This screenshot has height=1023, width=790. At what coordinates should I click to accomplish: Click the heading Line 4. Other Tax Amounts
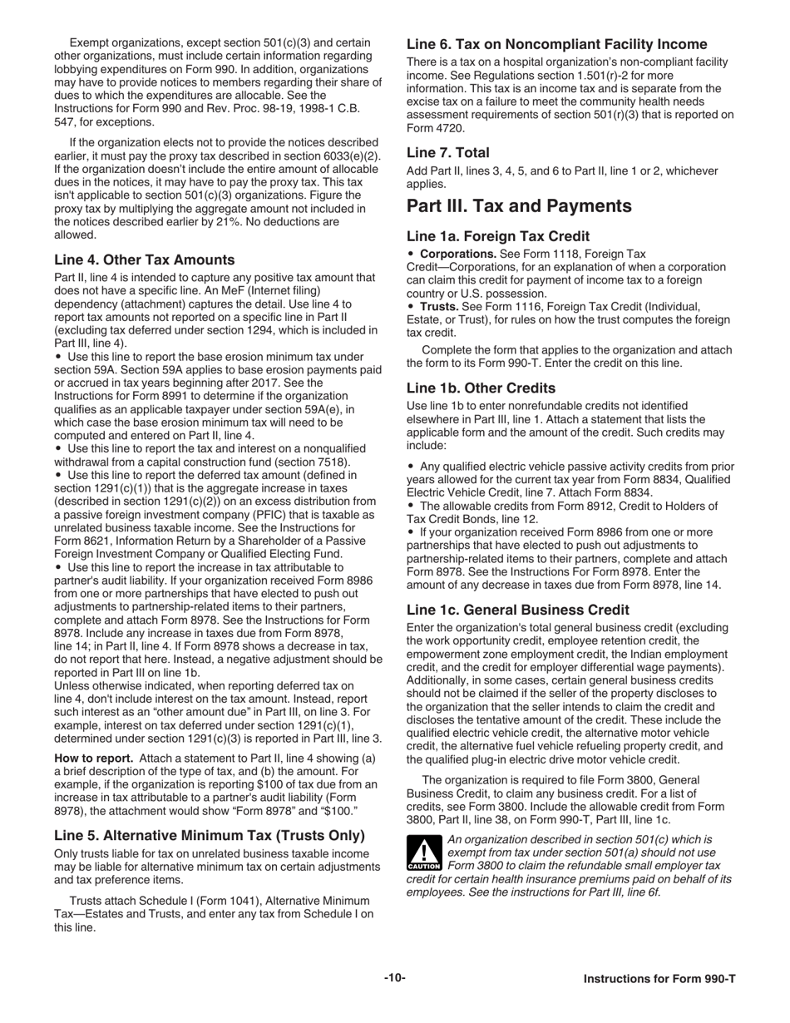pos(144,259)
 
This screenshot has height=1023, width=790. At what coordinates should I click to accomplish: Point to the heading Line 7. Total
pos(448,153)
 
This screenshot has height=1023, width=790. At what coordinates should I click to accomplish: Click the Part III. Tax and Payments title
pos(519,206)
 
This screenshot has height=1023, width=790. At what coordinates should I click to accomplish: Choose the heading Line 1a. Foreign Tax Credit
pos(498,236)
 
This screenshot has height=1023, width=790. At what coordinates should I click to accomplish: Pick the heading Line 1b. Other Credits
pos(481,388)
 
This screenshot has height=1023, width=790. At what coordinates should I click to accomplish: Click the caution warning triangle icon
pos(423,853)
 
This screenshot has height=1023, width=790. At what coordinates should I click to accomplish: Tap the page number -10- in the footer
pos(395,978)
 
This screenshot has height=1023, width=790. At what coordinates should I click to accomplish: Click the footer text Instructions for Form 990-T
pos(659,979)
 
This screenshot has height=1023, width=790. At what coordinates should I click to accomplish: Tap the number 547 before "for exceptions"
pos(65,121)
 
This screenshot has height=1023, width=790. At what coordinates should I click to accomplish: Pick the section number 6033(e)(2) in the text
pos(350,156)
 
